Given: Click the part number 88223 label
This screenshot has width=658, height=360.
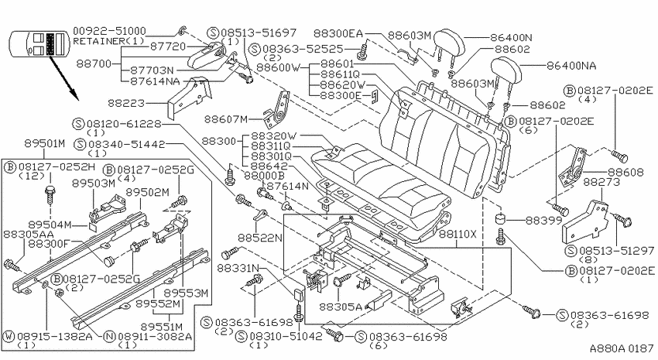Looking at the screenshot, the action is click(x=126, y=103).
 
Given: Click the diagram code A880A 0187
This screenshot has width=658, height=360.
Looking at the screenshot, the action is click(x=622, y=348).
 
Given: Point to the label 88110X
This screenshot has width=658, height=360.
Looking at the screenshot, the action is click(x=458, y=234).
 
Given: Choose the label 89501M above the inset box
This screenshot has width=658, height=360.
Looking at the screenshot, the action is click(x=44, y=143).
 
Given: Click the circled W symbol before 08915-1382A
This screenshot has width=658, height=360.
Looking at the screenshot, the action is click(x=9, y=336).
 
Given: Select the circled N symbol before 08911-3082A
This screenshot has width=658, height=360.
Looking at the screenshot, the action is click(x=109, y=336).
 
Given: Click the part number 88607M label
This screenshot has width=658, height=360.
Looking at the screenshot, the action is click(x=226, y=119).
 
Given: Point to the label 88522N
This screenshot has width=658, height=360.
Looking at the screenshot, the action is click(x=260, y=238).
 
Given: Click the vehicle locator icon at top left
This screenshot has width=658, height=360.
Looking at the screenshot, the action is click(x=38, y=43).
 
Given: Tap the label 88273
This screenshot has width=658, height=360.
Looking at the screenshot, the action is click(x=601, y=182).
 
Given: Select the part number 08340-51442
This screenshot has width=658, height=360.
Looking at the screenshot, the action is click(x=126, y=144).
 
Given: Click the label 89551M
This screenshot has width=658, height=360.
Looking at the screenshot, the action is click(x=162, y=327).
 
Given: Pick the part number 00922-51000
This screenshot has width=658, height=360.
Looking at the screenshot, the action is click(x=109, y=32).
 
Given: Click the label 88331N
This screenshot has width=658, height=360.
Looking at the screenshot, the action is click(x=238, y=268).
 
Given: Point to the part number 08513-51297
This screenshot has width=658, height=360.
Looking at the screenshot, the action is click(x=616, y=251).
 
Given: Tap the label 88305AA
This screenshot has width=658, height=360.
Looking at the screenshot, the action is click(x=29, y=234).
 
